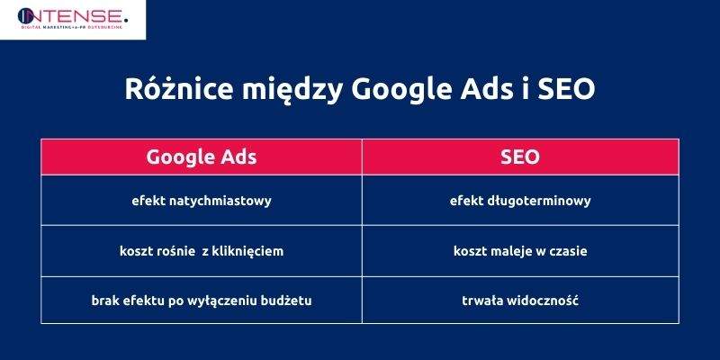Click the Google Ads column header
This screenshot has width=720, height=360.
(x=202, y=157)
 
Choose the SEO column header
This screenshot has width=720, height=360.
(x=520, y=157)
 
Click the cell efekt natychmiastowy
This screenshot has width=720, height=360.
(x=202, y=201)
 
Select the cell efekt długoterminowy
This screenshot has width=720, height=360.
(x=520, y=201)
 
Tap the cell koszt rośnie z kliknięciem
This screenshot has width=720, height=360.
(x=202, y=251)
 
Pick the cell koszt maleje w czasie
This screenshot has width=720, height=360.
(x=520, y=251)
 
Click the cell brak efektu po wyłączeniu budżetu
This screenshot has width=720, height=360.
(x=202, y=300)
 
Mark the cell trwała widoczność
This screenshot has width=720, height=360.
(x=520, y=300)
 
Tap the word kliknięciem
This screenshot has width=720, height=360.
(x=248, y=251)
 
